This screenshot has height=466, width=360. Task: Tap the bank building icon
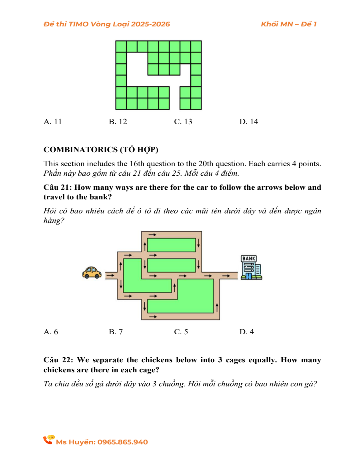tap(251, 268)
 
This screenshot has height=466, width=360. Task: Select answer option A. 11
tap(52, 122)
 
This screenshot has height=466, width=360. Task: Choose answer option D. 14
tap(249, 122)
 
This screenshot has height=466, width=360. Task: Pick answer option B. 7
tap(116, 331)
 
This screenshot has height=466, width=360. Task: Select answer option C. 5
tap(181, 331)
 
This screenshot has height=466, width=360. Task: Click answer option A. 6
tap(50, 331)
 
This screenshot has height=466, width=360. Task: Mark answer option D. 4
tap(246, 331)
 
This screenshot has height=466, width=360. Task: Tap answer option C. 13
tap(183, 122)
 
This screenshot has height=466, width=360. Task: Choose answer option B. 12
tap(118, 122)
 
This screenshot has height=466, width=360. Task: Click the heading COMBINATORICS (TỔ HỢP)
tap(101, 150)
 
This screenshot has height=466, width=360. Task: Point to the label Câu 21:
tap(58, 187)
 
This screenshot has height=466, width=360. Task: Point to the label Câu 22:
tap(58, 360)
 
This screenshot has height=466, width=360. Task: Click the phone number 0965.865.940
tap(122, 442)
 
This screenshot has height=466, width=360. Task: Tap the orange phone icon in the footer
tap(49, 440)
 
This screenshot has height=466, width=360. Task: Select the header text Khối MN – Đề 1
tap(288, 24)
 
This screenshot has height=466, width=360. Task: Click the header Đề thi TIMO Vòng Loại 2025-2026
tap(107, 24)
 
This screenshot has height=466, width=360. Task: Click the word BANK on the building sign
tap(249, 259)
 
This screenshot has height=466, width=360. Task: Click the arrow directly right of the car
tap(110, 275)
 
